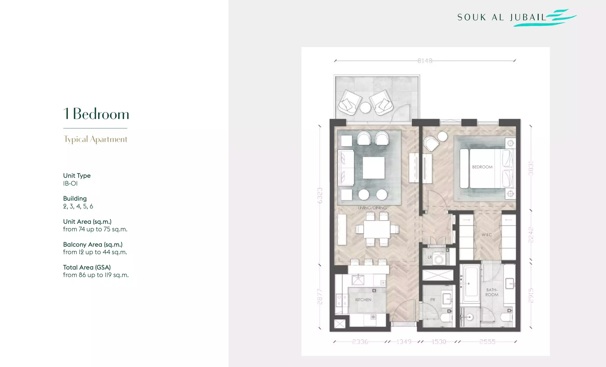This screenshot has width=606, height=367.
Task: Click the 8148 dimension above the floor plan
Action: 425,61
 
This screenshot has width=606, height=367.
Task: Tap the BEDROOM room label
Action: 482,167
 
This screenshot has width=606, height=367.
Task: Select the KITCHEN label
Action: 363,300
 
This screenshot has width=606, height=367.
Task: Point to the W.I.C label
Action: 486,235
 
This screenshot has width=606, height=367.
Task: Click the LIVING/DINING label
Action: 372,208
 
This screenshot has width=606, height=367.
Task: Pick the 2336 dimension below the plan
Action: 360,342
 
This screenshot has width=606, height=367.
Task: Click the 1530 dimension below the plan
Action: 439,342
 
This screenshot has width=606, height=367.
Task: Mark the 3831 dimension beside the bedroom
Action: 531,168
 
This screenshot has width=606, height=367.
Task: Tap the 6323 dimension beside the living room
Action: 320,195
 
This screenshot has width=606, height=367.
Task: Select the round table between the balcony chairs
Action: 365,107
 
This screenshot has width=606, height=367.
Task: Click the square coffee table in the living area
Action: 373,168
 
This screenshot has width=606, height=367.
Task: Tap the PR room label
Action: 432,300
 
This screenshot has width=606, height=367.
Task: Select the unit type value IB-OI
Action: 70,183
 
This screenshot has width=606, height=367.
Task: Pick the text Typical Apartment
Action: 95,139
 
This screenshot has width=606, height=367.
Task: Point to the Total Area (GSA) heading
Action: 87,267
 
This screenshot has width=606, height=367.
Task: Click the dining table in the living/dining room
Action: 377,229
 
